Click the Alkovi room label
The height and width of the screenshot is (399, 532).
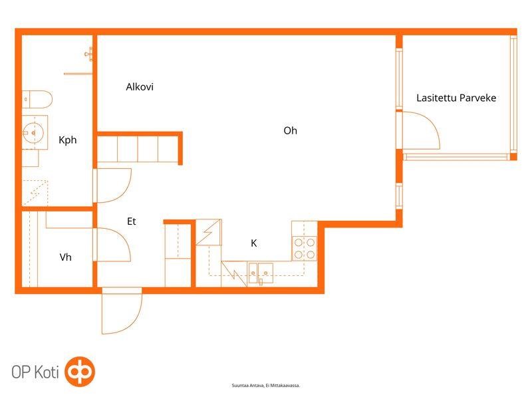(x=140, y=87)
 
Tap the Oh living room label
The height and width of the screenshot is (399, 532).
(x=290, y=130)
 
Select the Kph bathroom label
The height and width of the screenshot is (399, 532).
(x=68, y=140)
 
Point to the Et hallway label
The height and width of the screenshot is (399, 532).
(x=131, y=221)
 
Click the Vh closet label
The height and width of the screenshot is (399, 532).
(x=65, y=257)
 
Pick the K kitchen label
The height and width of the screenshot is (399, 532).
(x=254, y=243)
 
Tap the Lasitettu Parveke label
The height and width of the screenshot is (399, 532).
(x=456, y=98)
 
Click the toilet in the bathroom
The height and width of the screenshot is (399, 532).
(x=37, y=99)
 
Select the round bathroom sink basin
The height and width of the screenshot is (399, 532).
(x=33, y=132)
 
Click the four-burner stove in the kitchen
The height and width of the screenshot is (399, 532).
(x=305, y=248)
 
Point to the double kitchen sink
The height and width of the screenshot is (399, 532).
(x=261, y=273)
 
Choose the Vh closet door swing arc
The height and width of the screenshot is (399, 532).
(x=124, y=237)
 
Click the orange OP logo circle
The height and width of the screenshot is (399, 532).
(x=80, y=372)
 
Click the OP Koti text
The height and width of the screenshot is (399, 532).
(x=35, y=372)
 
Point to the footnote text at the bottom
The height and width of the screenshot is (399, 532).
(x=265, y=386)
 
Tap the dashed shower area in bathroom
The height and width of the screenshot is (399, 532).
(x=35, y=193)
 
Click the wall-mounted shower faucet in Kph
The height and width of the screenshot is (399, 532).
(x=89, y=54)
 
